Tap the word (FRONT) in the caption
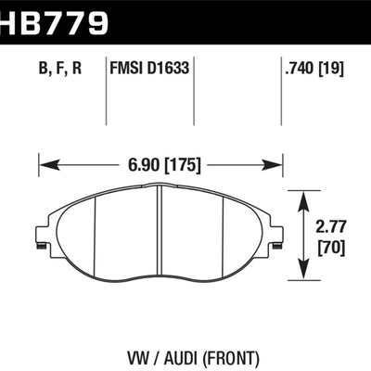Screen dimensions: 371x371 click(233, 354)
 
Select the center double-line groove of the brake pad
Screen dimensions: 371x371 click(160, 227)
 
